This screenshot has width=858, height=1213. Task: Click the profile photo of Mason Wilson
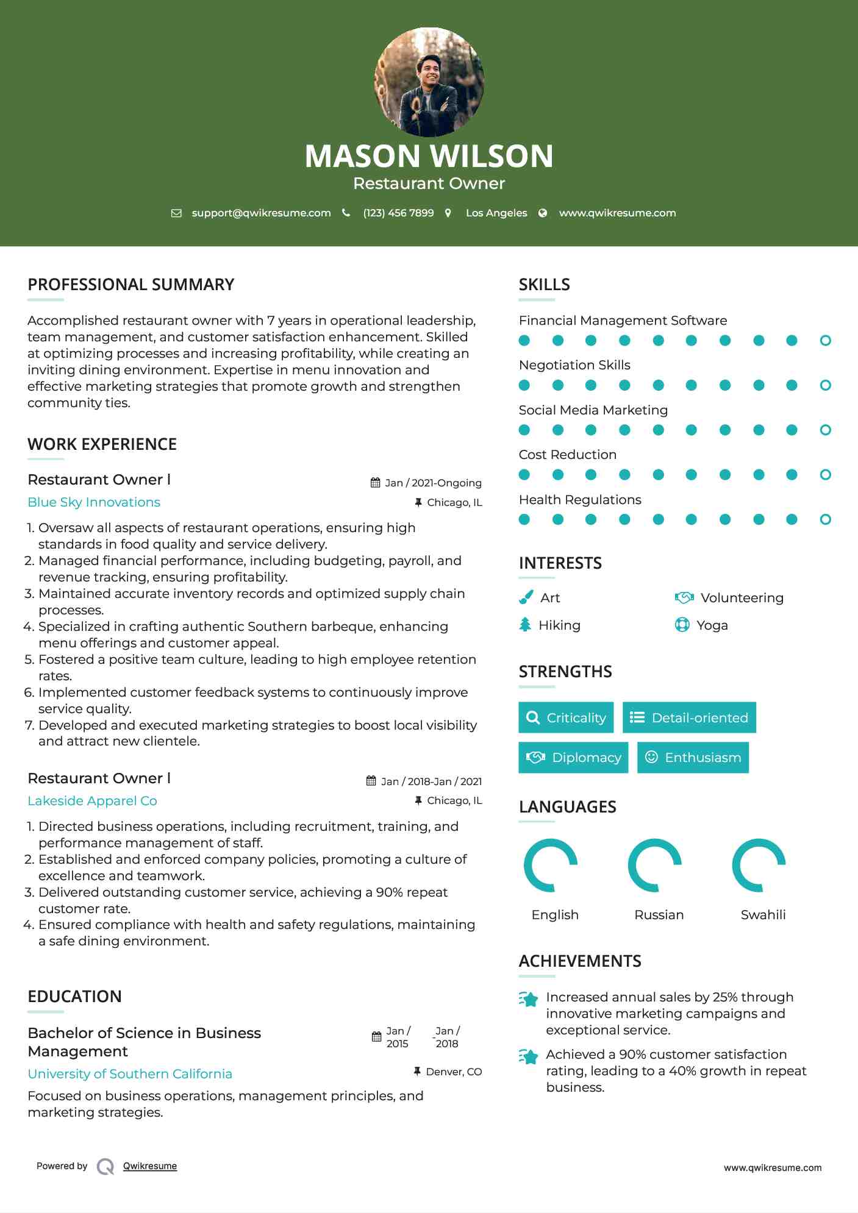pos(429,82)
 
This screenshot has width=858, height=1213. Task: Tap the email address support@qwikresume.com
pos(261,213)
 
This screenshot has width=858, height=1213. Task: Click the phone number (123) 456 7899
pos(398,213)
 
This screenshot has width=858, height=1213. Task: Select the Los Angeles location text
pos(496,213)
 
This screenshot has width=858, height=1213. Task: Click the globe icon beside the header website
pos(543,213)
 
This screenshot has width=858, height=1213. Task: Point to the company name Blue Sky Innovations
pos(94,502)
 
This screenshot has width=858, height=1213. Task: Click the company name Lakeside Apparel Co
pos(92,801)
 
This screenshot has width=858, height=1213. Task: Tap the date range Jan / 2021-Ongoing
pos(433,483)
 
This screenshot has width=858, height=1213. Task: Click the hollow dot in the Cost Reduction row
pos(825,475)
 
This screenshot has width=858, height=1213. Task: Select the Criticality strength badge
pos(566,717)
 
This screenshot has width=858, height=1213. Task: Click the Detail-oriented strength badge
pos(689,717)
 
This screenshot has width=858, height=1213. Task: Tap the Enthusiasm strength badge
pos(693,757)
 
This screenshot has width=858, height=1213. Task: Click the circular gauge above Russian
pos(654,865)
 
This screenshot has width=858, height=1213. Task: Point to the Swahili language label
pos(763,915)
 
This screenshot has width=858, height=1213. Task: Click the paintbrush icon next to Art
pos(526,597)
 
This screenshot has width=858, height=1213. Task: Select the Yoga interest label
pos(712,625)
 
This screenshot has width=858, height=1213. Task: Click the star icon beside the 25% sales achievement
pos(529,999)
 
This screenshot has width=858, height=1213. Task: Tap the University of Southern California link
pos(130,1074)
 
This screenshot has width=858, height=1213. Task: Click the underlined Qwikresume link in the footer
pos(150,1166)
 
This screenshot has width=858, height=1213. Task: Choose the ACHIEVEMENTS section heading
pos(580,961)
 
